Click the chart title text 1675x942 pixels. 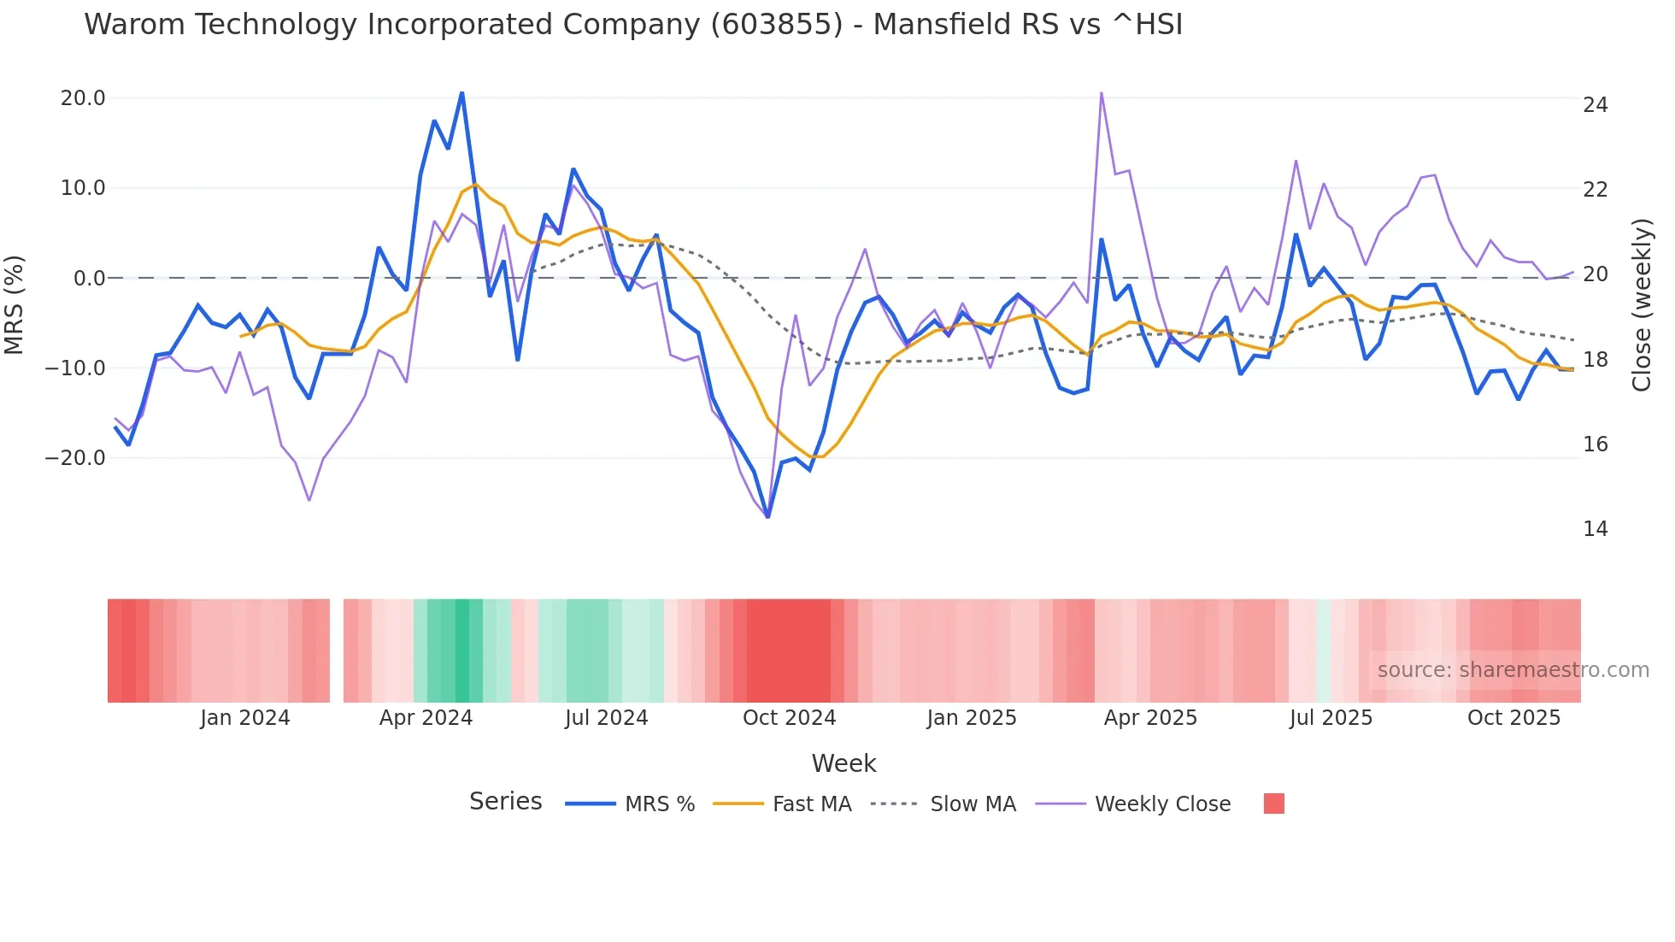[632, 25]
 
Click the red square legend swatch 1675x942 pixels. [1273, 804]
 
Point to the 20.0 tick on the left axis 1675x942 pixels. [83, 98]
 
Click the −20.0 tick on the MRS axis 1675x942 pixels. [75, 458]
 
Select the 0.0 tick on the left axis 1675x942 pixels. [90, 279]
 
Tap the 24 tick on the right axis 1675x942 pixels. [1595, 105]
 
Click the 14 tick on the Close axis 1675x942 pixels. [1595, 529]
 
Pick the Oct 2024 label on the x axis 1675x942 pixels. [789, 718]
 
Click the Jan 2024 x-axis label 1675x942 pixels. [245, 718]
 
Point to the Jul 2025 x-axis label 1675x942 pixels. [1331, 718]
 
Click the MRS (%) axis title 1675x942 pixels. [15, 304]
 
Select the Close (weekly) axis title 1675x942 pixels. [1641, 304]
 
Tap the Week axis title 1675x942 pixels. [843, 763]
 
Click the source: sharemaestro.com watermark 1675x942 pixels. [1513, 670]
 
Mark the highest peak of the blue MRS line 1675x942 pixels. [461, 92]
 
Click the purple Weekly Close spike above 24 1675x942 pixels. [1101, 92]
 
